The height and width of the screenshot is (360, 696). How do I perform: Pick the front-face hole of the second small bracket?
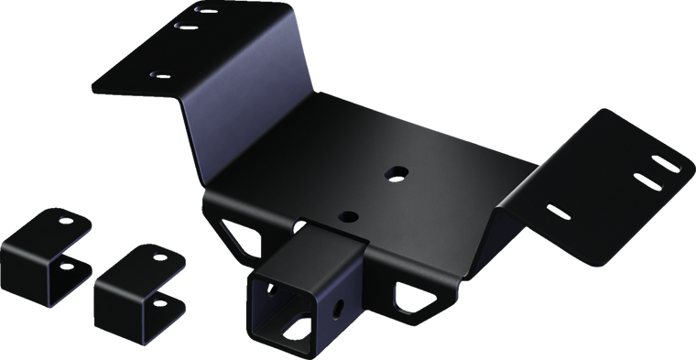click(x=160, y=301)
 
